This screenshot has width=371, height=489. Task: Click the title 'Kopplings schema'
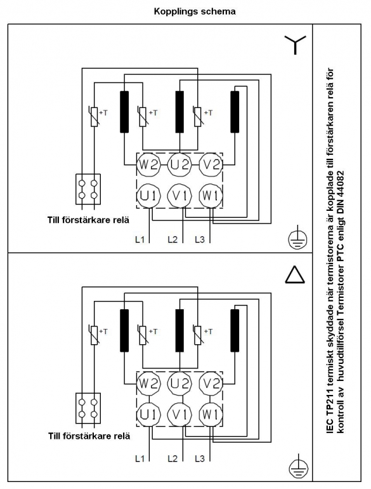[195, 11]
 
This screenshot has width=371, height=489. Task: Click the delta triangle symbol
[295, 275]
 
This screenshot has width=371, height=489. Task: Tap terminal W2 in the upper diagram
[148, 164]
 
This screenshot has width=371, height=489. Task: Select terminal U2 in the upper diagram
[179, 164]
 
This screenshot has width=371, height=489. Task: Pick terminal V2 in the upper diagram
[211, 164]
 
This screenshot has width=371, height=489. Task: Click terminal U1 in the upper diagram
[148, 196]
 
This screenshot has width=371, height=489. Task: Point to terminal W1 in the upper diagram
[211, 196]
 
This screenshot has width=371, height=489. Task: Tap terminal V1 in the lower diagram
[179, 415]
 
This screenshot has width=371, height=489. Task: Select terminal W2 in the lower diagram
[148, 383]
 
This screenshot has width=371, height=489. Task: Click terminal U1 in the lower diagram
[148, 415]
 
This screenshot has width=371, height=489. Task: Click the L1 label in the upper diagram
[140, 239]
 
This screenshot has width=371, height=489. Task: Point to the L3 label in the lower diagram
[200, 459]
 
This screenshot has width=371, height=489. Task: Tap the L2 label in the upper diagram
[172, 239]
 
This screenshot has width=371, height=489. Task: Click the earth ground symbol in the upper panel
[297, 239]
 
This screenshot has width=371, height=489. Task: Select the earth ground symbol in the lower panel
[298, 468]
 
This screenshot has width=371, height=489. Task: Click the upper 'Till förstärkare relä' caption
[88, 220]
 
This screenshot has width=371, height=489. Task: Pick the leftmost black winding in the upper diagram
[124, 112]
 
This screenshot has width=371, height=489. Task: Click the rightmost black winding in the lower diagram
[235, 330]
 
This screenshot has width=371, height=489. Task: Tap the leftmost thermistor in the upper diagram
[94, 117]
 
